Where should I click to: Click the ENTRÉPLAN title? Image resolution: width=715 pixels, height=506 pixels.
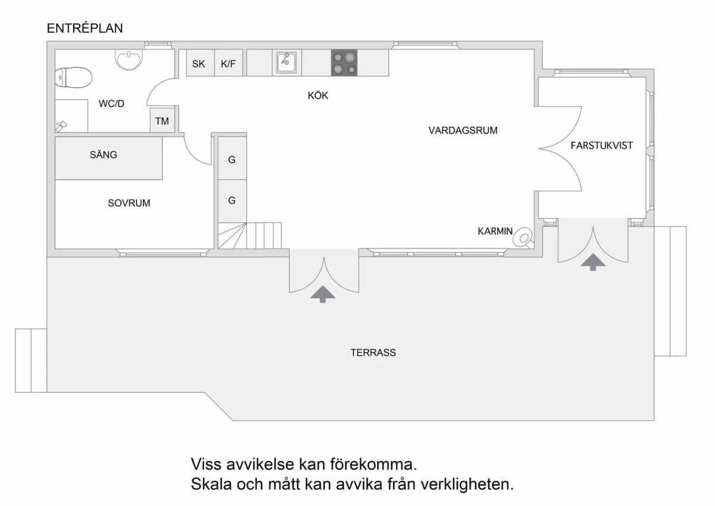point(85,29)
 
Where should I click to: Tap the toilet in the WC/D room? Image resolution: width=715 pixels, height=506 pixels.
point(73,77)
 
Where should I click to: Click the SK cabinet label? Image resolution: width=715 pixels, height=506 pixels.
point(198,64)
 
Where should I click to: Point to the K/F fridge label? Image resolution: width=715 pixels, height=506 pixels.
point(228,64)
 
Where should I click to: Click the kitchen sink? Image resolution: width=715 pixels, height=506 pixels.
point(287,63)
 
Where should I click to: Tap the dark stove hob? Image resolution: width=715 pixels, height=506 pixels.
point(344,63)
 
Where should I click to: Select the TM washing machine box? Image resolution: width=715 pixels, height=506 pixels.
point(162,120)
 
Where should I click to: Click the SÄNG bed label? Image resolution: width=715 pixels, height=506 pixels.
point(103,155)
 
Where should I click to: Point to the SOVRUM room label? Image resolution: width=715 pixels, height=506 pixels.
point(129,203)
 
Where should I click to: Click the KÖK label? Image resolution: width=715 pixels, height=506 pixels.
point(318,95)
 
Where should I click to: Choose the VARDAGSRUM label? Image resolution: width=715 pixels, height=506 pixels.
point(463,131)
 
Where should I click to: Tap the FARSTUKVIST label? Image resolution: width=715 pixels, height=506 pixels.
point(602,145)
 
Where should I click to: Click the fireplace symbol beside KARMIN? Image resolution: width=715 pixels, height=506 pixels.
point(524,238)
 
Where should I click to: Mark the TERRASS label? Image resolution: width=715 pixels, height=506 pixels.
point(373,352)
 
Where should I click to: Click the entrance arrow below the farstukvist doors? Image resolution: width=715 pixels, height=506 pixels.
point(593,262)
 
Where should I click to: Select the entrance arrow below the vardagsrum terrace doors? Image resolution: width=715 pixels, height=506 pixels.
point(323,294)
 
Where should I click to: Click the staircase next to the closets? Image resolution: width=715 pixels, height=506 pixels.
point(250,235)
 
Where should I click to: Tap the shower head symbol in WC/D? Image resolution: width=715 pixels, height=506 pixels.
point(61,126)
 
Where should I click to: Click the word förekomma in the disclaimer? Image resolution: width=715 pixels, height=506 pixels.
point(374,464)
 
